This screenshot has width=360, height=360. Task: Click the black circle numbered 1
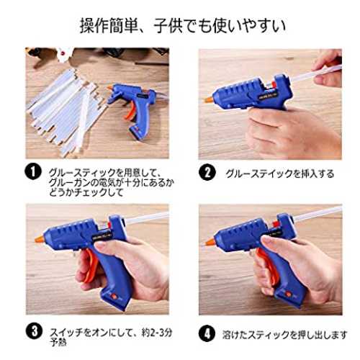point(33,171)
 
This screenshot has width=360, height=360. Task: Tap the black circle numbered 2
point(207,172)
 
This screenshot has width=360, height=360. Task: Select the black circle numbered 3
point(35,331)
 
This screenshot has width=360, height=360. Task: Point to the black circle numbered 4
point(207,333)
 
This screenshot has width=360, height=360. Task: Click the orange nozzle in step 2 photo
point(208,99)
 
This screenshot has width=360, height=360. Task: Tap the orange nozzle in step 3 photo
point(40,238)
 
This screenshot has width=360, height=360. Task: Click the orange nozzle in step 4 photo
point(210,241)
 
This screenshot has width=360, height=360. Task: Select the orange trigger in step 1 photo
point(130,111)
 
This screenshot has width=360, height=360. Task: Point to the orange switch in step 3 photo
point(114,296)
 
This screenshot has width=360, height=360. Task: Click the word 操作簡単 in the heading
point(109,26)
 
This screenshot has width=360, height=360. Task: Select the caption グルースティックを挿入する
point(279,174)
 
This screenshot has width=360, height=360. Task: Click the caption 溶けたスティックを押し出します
point(284,335)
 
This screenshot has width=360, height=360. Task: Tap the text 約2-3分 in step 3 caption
point(157,333)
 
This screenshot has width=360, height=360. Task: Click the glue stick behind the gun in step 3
point(147,218)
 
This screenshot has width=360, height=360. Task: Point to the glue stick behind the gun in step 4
point(318,214)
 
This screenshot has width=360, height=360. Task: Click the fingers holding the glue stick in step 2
point(328,70)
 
